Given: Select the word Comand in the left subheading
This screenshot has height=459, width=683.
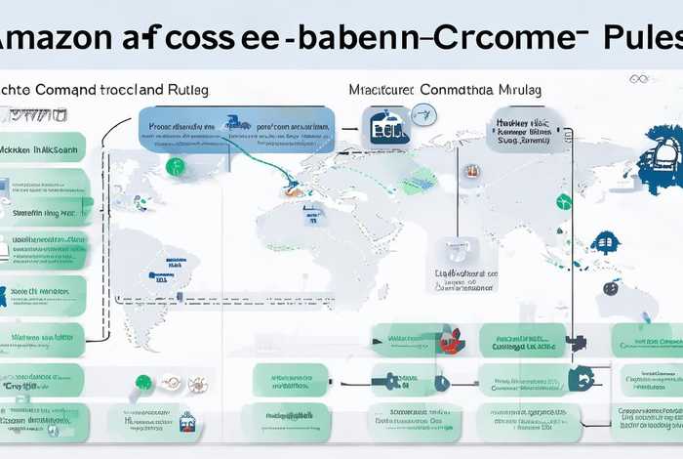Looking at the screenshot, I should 68,89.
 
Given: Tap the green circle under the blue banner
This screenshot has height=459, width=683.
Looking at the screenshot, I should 176,166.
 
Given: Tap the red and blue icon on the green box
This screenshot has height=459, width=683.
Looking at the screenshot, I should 449,341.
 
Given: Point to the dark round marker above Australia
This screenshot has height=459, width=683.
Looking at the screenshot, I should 610,288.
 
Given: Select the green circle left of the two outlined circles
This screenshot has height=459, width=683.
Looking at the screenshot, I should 144,382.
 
